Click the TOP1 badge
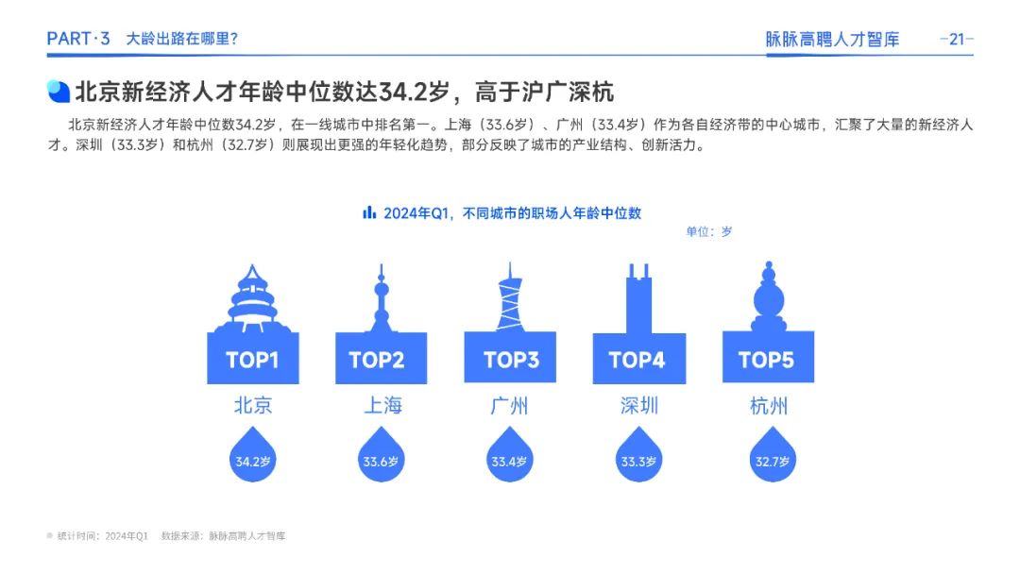pos(252,358)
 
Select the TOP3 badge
pos(510,358)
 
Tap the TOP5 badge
pos(768,358)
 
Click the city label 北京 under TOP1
pos(253,406)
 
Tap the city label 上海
pos(382,406)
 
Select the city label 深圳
pos(638,406)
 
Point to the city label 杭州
pos(768,406)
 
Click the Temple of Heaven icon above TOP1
pos(252,299)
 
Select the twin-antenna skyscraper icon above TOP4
pos(638,299)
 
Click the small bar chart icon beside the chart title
pos(369,212)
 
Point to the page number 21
pos(956,39)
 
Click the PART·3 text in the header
pos(78,39)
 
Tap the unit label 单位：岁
pos(709,231)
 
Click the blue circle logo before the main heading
pos(59,91)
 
